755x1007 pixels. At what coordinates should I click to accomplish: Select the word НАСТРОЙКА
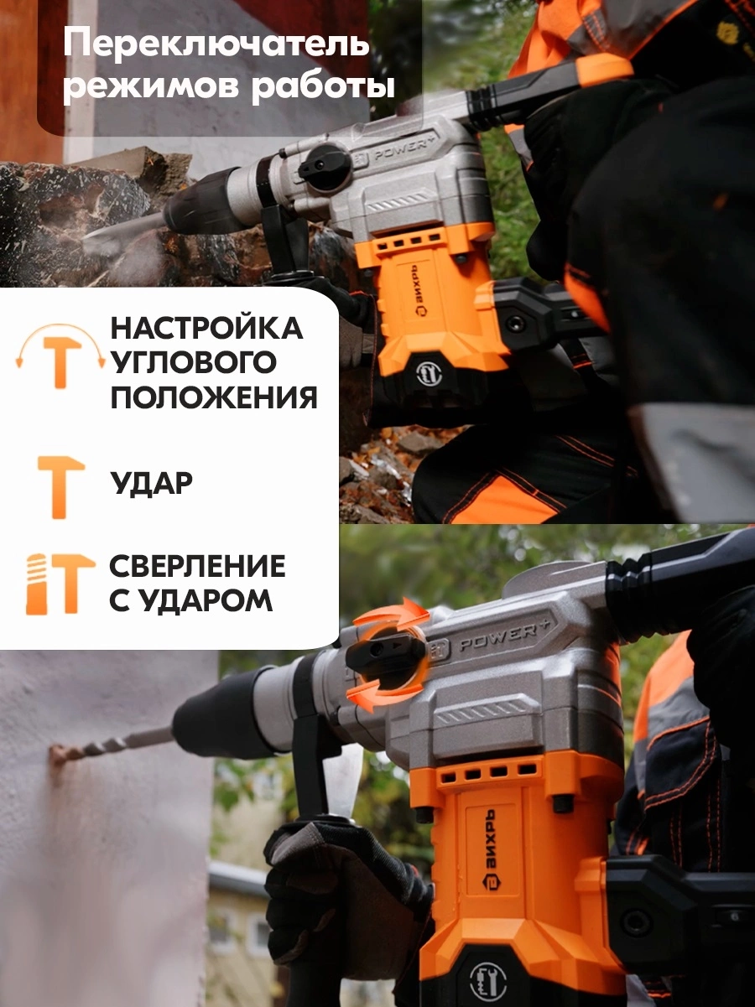point(206,329)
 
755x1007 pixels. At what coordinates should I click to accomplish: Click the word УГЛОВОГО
point(193,362)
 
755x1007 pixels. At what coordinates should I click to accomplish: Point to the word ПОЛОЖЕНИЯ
point(214,397)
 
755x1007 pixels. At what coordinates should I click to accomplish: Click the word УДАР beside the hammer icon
point(151,483)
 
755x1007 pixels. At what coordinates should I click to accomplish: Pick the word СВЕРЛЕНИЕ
point(197,566)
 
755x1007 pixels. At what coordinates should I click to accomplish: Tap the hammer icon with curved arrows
point(61,356)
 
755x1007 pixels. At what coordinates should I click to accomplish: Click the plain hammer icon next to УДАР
point(61,487)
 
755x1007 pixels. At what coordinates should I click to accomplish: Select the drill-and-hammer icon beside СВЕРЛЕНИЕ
point(60,584)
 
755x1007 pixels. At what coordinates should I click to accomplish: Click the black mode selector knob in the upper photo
point(322,167)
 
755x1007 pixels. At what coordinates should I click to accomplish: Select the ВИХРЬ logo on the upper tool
point(418,289)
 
